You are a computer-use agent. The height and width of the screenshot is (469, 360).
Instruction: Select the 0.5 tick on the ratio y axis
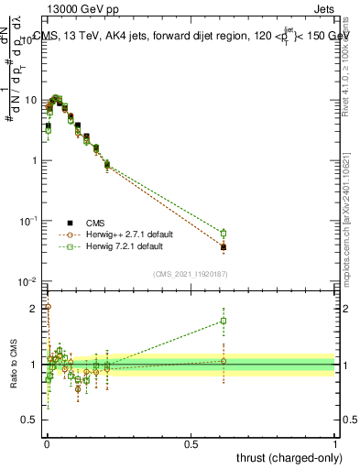pos(31,421)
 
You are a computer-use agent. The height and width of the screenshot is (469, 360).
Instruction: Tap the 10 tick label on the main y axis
pos(31,100)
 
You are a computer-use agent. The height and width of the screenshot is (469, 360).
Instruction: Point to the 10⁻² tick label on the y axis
pos(29,281)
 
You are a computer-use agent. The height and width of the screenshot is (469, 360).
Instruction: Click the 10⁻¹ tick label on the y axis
pos(29,221)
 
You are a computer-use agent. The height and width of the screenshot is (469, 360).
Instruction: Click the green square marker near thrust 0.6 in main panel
pos(224,233)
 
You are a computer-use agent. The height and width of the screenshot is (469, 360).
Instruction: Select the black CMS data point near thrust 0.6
pos(224,247)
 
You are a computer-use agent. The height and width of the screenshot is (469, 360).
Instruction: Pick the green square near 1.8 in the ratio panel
pos(224,321)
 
